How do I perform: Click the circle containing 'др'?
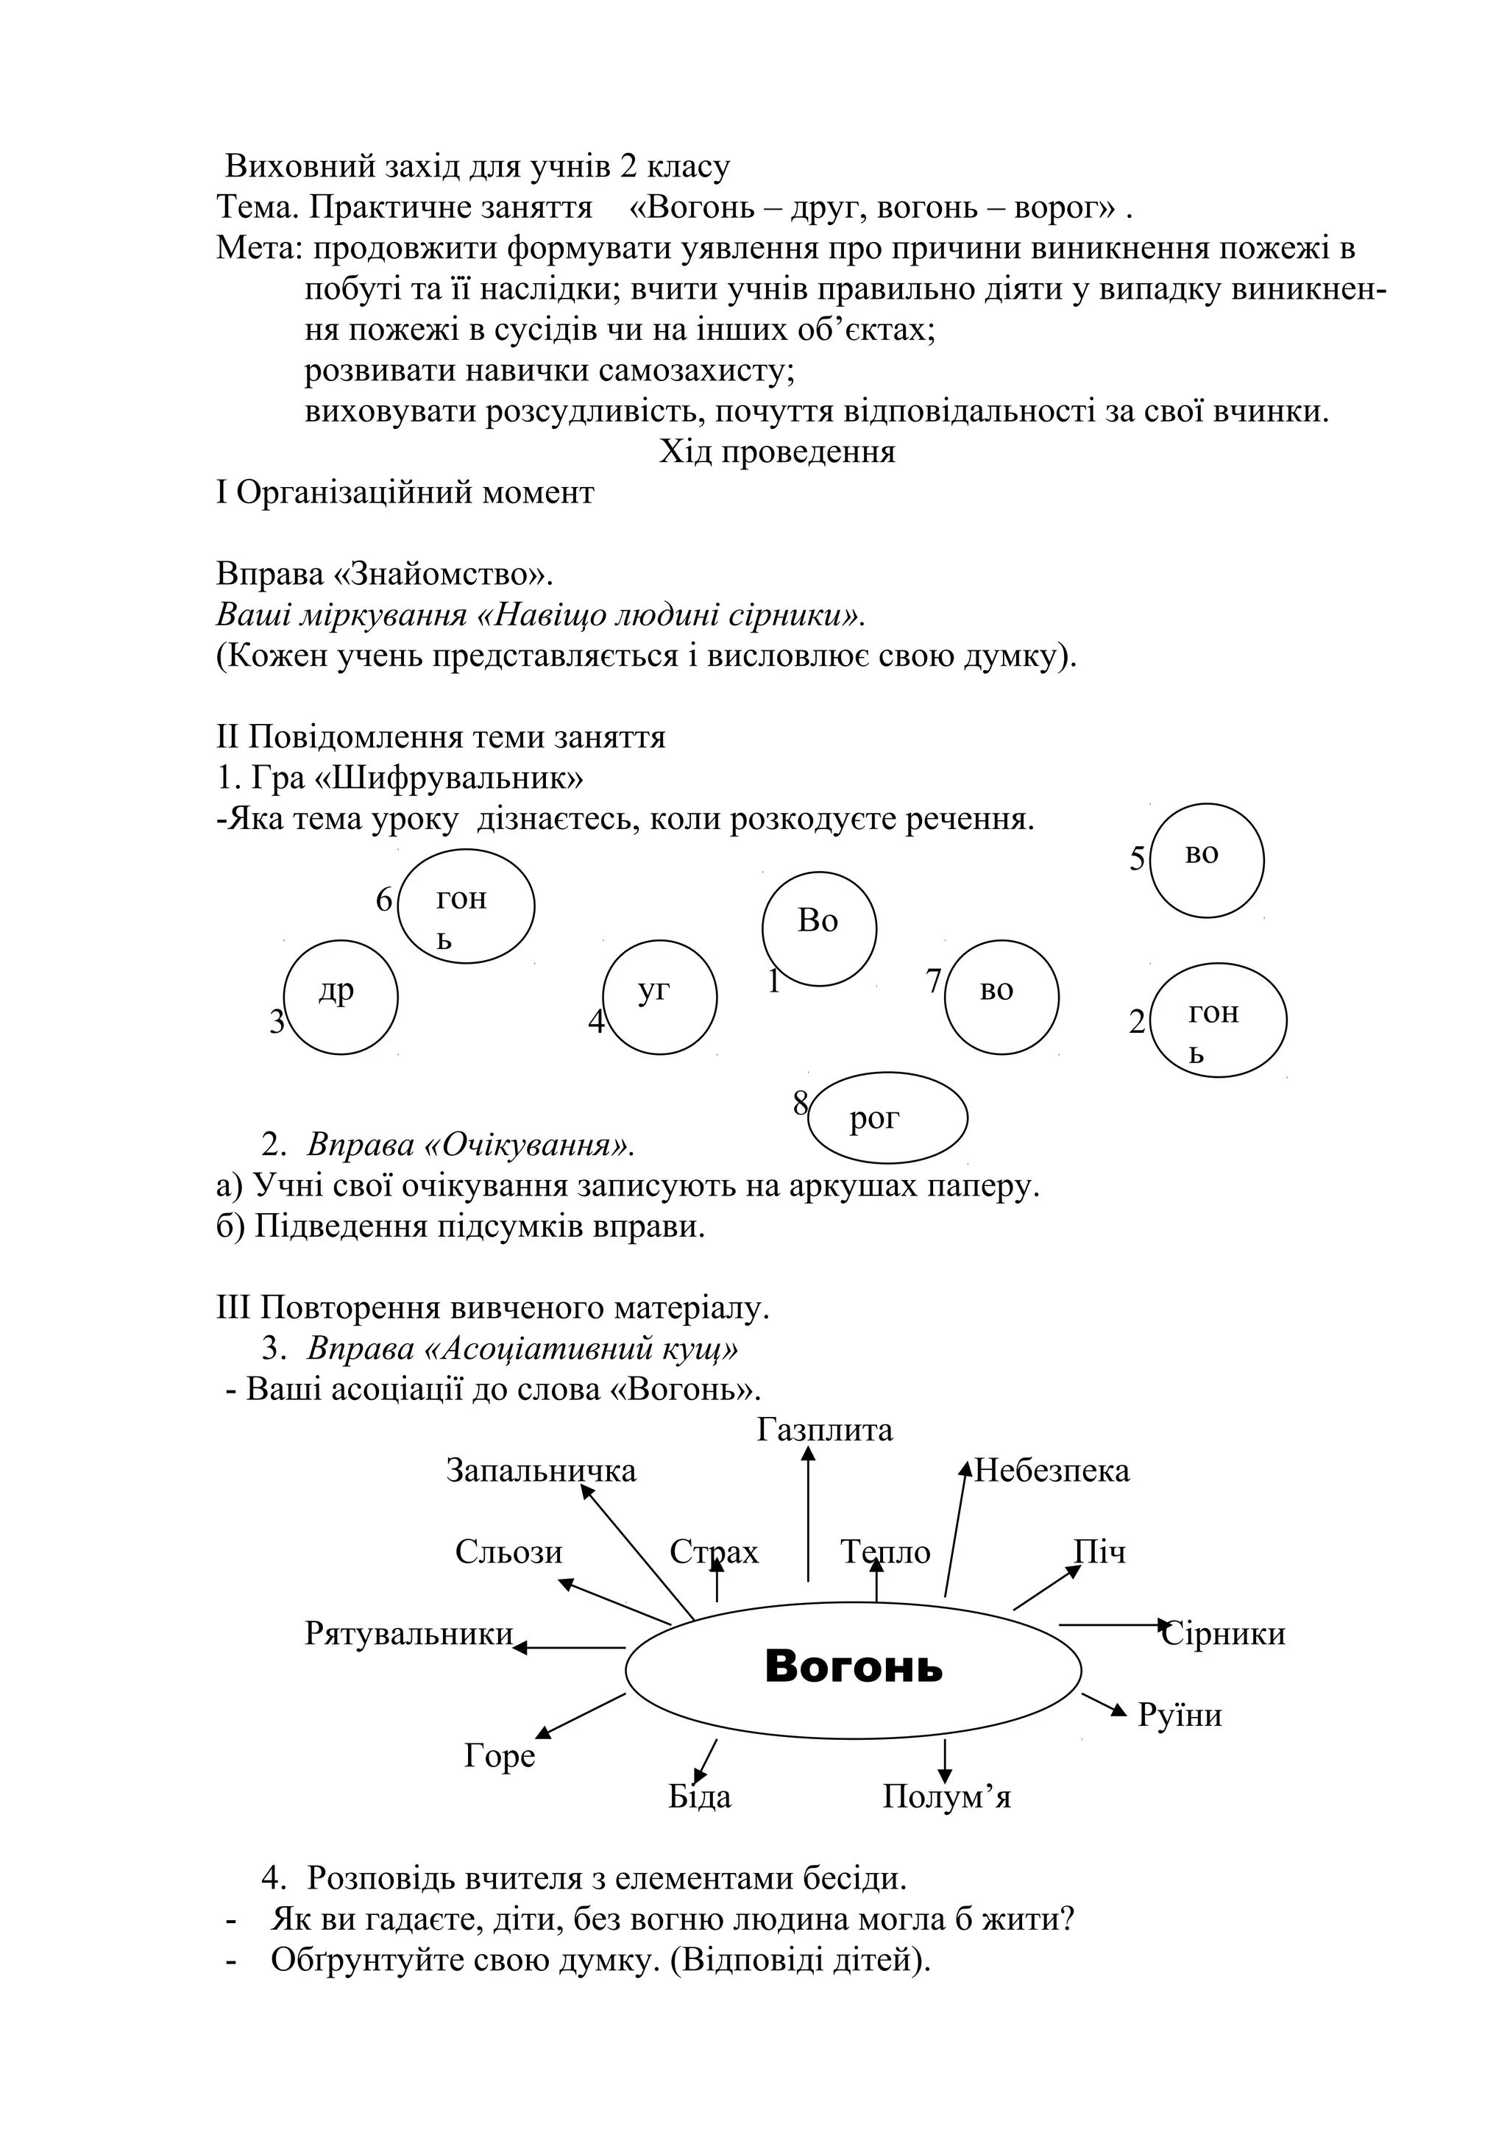click(340, 998)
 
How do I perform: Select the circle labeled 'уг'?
click(659, 998)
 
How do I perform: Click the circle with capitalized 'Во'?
click(819, 928)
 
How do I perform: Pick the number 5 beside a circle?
click(1138, 860)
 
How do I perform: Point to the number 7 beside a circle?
click(934, 981)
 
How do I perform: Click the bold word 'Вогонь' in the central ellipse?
click(854, 1667)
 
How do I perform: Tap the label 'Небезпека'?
click(1052, 1471)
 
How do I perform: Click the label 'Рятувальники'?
click(408, 1633)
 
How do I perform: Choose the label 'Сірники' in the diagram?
click(1224, 1633)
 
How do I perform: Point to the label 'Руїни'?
click(1180, 1715)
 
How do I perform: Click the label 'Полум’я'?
click(946, 1797)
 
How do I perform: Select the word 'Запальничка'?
click(542, 1471)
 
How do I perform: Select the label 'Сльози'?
click(508, 1552)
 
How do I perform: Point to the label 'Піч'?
click(1099, 1552)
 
